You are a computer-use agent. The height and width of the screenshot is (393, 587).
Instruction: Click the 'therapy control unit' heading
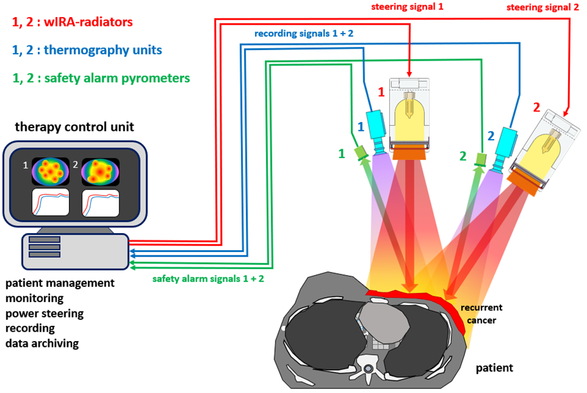point(75,126)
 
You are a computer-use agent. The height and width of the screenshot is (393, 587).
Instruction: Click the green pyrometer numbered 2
point(481,159)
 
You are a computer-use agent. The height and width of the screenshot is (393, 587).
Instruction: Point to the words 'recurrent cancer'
point(481,313)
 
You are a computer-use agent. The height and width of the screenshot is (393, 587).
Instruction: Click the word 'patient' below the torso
point(494,367)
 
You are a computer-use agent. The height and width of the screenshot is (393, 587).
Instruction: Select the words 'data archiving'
point(42,343)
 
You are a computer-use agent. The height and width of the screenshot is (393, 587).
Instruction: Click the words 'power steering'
point(45,313)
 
